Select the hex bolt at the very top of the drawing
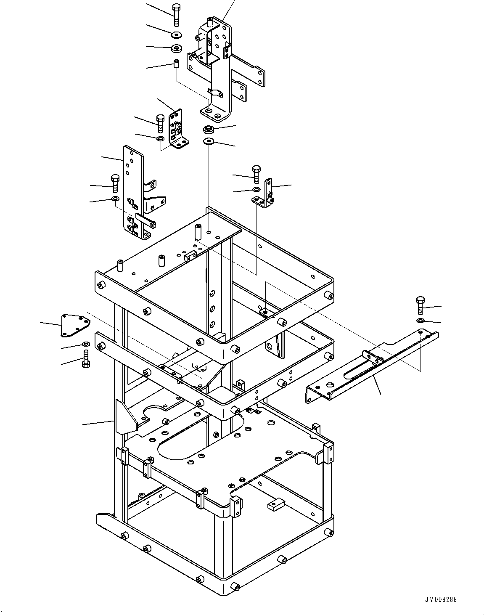point(177,15)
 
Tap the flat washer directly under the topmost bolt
point(177,35)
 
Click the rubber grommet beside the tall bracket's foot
point(209,130)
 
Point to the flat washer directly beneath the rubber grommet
point(209,141)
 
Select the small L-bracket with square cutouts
point(178,129)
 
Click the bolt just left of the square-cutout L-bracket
point(160,124)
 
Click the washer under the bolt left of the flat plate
point(115,198)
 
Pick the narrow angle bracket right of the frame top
point(263,194)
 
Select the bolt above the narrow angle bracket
point(257,174)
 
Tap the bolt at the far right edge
point(420,306)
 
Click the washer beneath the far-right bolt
point(421,320)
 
